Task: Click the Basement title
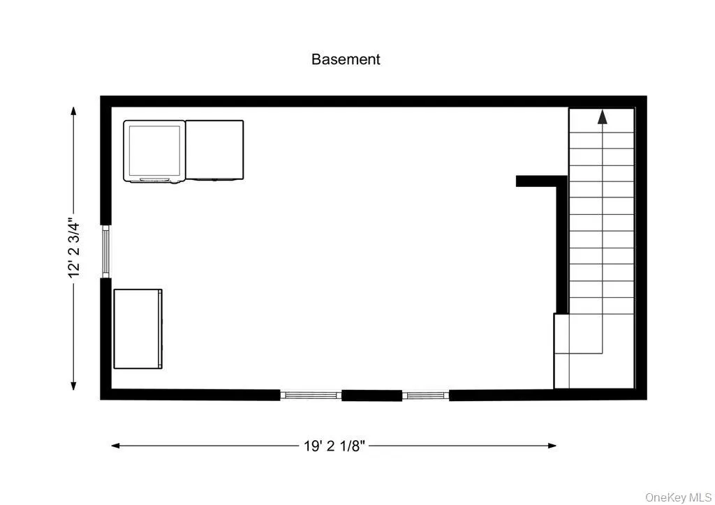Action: tap(346, 59)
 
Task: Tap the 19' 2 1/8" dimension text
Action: tap(334, 446)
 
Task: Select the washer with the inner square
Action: tap(154, 151)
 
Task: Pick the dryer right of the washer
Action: tap(214, 151)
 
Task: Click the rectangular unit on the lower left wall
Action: tap(138, 329)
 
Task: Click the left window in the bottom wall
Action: tap(311, 395)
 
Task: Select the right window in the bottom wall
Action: tap(425, 395)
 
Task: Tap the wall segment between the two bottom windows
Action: tap(371, 395)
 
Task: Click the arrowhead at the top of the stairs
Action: tap(602, 116)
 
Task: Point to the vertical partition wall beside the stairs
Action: tap(561, 248)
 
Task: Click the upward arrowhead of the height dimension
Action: tap(74, 110)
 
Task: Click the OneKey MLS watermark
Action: tap(678, 497)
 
